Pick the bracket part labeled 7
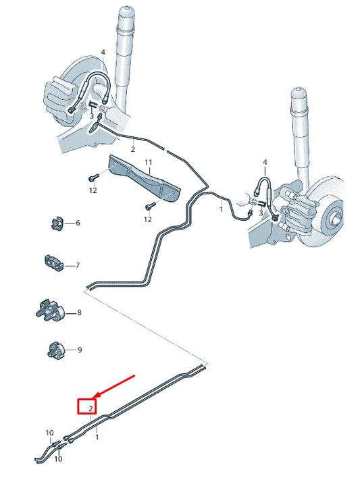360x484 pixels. pyautogui.click(x=55, y=263)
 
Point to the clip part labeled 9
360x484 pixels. pyautogui.click(x=55, y=349)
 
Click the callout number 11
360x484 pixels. pyautogui.click(x=148, y=163)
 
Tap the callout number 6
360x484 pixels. pyautogui.click(x=78, y=223)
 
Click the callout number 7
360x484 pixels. pyautogui.click(x=78, y=265)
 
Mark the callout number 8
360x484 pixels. pyautogui.click(x=79, y=313)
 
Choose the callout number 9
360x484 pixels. pyautogui.click(x=79, y=350)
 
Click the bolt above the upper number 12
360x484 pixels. pyautogui.click(x=93, y=178)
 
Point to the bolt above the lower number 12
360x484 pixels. pyautogui.click(x=147, y=207)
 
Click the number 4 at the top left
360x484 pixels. pyautogui.click(x=103, y=52)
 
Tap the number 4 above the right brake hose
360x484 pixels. pyautogui.click(x=265, y=163)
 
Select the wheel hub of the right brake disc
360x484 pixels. pyautogui.click(x=333, y=219)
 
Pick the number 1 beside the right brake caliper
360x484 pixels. pyautogui.click(x=220, y=210)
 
